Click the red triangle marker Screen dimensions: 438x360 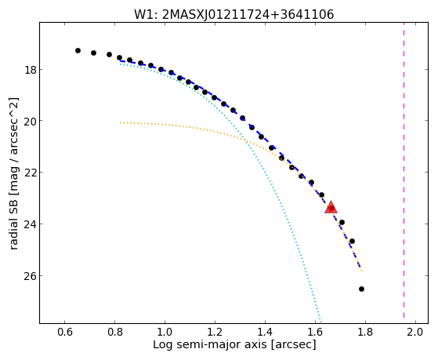(x=331, y=207)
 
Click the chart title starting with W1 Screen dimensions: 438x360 (x=234, y=15)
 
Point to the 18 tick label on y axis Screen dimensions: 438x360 (x=31, y=69)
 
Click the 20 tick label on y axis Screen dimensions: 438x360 (x=31, y=121)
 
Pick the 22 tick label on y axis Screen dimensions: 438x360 (x=31, y=173)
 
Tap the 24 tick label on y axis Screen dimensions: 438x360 (x=31, y=224)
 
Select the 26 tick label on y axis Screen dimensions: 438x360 (x=31, y=276)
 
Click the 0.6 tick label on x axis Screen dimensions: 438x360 (x=65, y=333)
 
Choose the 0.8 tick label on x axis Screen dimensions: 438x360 (x=115, y=333)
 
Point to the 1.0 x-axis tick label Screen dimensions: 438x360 (x=165, y=333)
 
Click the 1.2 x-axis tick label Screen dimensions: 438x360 (x=215, y=333)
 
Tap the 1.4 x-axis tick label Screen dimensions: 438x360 (x=265, y=333)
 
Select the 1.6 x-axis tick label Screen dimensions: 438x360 (x=315, y=333)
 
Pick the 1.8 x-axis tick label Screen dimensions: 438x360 (x=365, y=333)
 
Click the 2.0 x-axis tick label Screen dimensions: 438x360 (x=415, y=333)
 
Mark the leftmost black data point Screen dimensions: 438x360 (x=78, y=51)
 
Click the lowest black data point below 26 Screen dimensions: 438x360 (x=361, y=289)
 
